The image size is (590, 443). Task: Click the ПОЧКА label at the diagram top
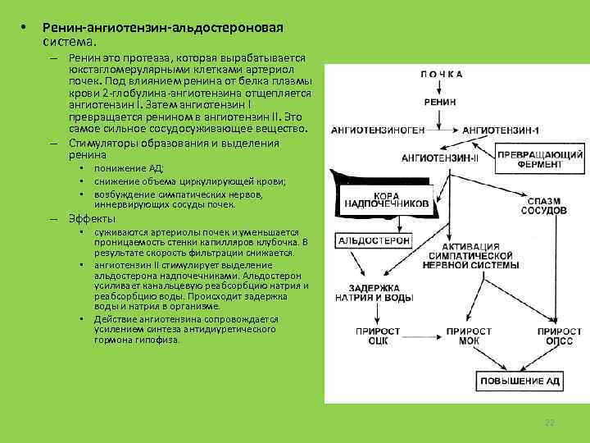pos(442,74)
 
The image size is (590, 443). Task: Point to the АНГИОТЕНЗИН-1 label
pos(501,130)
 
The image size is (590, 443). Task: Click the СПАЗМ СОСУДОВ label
pos(544,205)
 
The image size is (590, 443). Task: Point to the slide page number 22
pos(550,422)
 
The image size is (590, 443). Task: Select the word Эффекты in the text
pos(92,219)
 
